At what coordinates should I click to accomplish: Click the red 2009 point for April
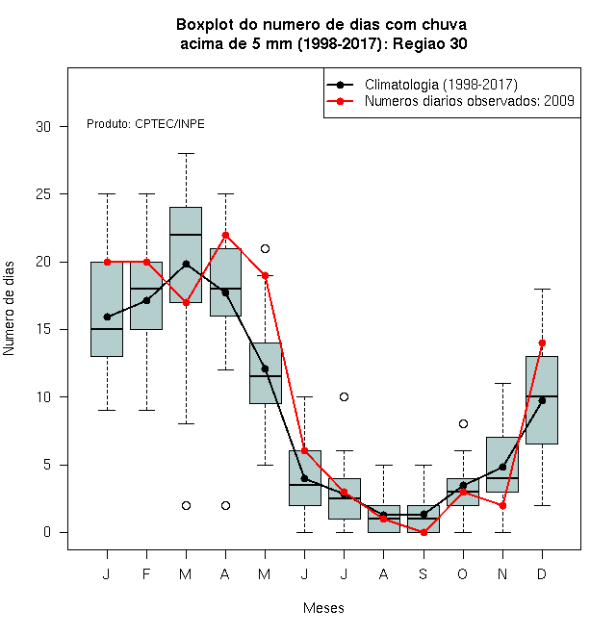(x=226, y=236)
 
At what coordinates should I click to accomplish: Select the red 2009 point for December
(x=542, y=343)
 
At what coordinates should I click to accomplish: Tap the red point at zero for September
(x=423, y=533)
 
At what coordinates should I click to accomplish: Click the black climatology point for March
(x=186, y=264)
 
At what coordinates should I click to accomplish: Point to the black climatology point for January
(x=107, y=317)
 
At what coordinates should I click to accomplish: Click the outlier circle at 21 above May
(x=265, y=248)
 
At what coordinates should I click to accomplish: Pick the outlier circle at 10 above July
(x=344, y=396)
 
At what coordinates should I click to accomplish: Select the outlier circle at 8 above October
(x=463, y=424)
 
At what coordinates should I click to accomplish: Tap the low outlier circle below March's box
(x=186, y=505)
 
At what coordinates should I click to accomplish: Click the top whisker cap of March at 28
(x=186, y=154)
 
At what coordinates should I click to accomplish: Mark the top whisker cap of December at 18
(x=542, y=290)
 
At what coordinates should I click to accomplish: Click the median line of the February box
(x=146, y=289)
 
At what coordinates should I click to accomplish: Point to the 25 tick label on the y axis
(x=43, y=194)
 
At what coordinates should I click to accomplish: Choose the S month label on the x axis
(x=423, y=573)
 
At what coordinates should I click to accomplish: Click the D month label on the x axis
(x=542, y=573)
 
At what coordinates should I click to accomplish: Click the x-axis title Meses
(x=323, y=608)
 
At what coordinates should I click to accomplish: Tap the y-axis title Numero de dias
(x=9, y=309)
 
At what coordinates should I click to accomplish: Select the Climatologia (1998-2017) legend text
(x=441, y=85)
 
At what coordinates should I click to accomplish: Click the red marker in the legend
(x=340, y=101)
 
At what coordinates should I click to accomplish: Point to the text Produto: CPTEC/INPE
(x=145, y=124)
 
